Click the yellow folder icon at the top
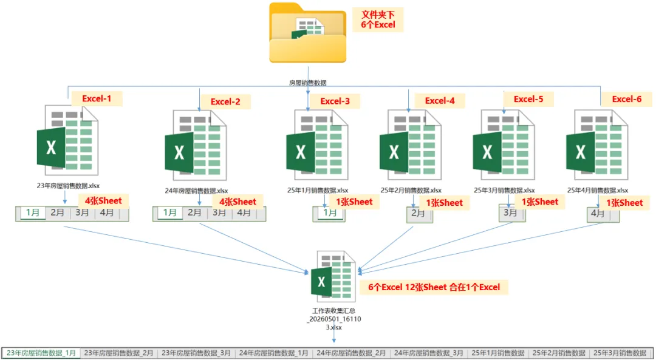click(x=307, y=33)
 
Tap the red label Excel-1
click(x=97, y=99)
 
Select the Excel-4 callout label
click(x=440, y=101)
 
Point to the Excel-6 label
click(x=627, y=99)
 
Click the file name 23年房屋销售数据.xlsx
click(x=68, y=186)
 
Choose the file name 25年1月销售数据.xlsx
click(x=318, y=190)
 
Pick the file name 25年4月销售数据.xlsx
click(x=598, y=190)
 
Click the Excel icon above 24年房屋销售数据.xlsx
click(x=196, y=145)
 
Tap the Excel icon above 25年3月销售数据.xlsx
click(x=504, y=144)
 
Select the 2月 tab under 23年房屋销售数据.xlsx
click(x=57, y=212)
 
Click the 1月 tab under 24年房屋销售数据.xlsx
click(x=170, y=212)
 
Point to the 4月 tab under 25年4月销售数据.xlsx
click(x=598, y=213)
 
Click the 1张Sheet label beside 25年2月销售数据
click(x=444, y=203)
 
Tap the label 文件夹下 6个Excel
click(x=378, y=19)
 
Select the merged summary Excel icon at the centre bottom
click(x=333, y=276)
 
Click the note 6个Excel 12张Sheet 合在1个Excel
click(x=434, y=287)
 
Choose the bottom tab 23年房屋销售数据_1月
click(x=41, y=353)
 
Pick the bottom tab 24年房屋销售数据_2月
click(x=351, y=353)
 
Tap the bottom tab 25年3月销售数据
click(x=620, y=353)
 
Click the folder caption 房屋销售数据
click(x=307, y=83)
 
